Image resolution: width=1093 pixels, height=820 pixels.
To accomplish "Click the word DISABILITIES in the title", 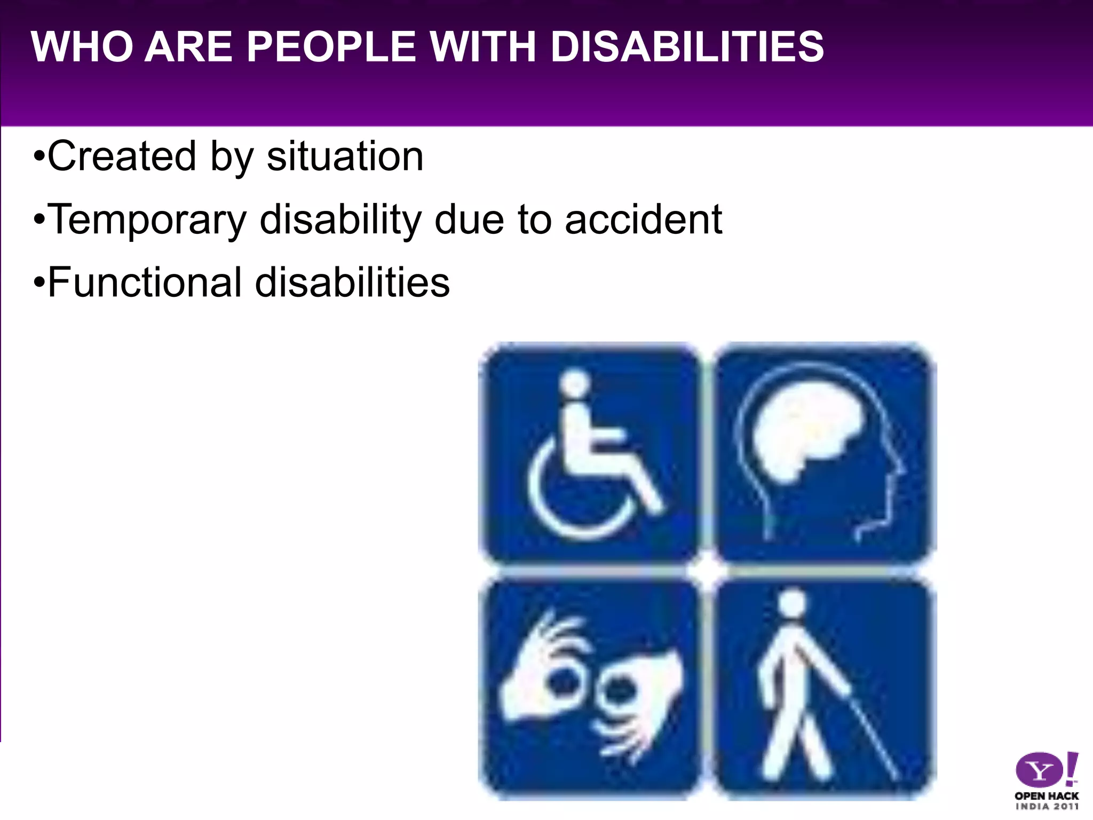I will [687, 46].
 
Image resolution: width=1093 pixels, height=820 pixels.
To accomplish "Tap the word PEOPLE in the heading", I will [331, 46].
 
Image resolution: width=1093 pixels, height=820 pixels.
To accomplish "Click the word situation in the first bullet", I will [345, 156].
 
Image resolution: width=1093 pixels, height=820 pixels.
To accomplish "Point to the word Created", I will [122, 156].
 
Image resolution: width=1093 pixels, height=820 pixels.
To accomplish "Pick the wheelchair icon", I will [590, 454].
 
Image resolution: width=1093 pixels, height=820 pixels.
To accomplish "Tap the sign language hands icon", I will [590, 689].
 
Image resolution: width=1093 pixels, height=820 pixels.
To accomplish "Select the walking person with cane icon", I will [825, 689].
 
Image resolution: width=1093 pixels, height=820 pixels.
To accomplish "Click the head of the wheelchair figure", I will [574, 384].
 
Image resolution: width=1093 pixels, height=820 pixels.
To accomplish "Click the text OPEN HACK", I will [1047, 795].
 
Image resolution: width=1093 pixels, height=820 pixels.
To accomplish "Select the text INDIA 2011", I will [1047, 807].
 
